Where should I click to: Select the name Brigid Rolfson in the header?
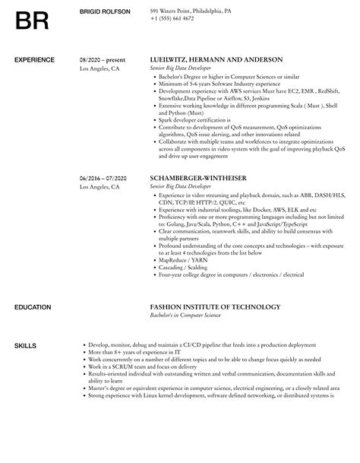[105, 11]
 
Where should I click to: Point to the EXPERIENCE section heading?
[35, 59]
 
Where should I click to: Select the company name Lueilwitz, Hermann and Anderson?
[216, 59]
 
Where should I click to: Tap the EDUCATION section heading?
[33, 307]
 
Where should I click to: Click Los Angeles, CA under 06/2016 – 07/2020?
[99, 186]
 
